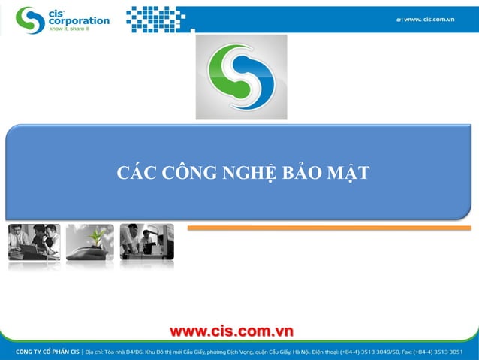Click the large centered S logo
[x=241, y=77]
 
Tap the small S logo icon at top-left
[x=30, y=20]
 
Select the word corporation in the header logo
[x=79, y=22]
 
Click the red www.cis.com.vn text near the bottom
[x=231, y=331]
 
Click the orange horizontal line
[x=328, y=228]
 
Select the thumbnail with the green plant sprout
[x=89, y=242]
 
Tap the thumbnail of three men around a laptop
[x=34, y=242]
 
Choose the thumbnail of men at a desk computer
[x=146, y=242]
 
